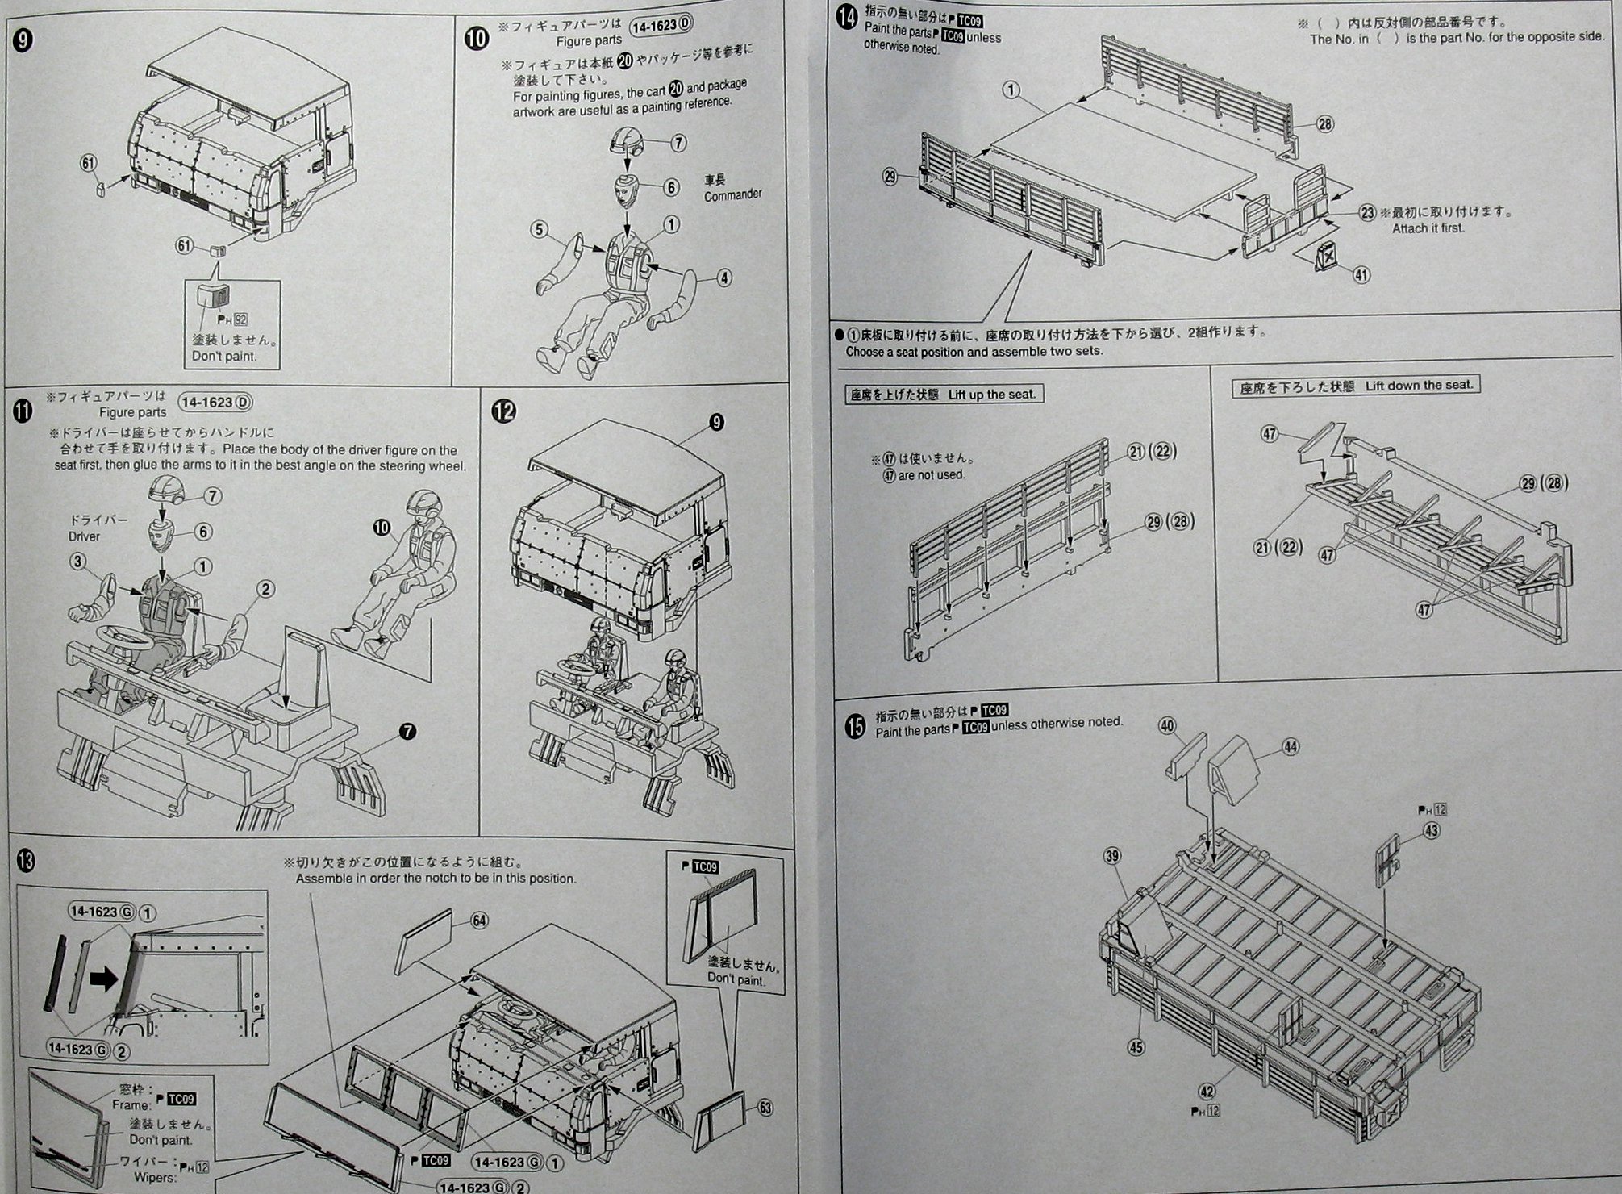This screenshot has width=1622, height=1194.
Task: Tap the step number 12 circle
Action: [503, 411]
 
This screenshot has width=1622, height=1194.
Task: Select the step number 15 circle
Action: [854, 727]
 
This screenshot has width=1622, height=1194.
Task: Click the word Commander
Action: [732, 194]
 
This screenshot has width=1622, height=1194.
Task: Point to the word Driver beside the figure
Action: [84, 536]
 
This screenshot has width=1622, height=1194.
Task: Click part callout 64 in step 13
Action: [480, 920]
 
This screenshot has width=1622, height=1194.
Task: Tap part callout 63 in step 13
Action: [765, 1108]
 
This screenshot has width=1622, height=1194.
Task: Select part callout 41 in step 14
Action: [1361, 275]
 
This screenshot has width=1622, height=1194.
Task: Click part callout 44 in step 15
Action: [1291, 747]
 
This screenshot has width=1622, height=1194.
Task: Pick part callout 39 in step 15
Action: [1113, 856]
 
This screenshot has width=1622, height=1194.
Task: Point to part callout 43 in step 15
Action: [1432, 830]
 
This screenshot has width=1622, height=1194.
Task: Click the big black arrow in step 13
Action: [103, 980]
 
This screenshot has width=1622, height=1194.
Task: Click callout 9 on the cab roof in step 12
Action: [715, 422]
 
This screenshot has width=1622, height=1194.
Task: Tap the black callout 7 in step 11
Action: [408, 732]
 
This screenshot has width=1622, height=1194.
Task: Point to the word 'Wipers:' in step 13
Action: [156, 1177]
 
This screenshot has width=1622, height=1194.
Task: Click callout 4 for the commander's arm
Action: [724, 278]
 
